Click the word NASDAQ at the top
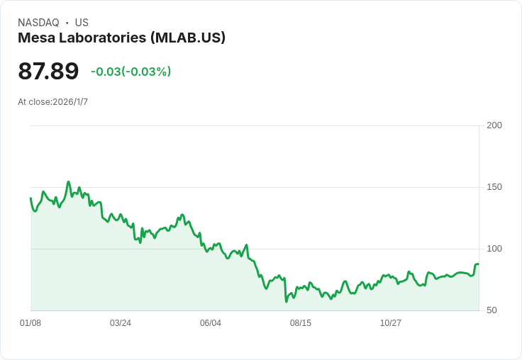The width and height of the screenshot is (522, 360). pyautogui.click(x=38, y=23)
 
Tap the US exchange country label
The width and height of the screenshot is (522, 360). pyautogui.click(x=82, y=23)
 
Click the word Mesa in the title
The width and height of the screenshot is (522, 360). pyautogui.click(x=35, y=38)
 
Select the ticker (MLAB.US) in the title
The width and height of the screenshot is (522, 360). pyautogui.click(x=188, y=38)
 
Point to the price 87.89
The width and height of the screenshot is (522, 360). pyautogui.click(x=48, y=72)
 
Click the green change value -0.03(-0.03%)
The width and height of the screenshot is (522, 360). pyautogui.click(x=130, y=72)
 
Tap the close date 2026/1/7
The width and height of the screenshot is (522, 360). pyautogui.click(x=70, y=102)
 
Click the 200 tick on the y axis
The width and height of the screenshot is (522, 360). pyautogui.click(x=494, y=125)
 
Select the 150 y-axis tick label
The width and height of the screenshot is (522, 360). pyautogui.click(x=494, y=187)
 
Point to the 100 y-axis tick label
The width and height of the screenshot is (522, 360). pyautogui.click(x=494, y=249)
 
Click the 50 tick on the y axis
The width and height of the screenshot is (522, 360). pyautogui.click(x=492, y=310)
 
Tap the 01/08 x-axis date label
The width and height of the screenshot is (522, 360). pyautogui.click(x=30, y=323)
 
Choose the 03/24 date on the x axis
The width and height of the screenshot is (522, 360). pyautogui.click(x=121, y=323)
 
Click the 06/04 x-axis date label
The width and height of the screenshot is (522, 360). pyautogui.click(x=211, y=323)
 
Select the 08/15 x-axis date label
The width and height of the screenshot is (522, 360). pyautogui.click(x=301, y=323)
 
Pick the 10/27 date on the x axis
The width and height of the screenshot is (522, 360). pyautogui.click(x=391, y=323)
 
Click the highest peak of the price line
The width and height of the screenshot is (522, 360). pyautogui.click(x=69, y=182)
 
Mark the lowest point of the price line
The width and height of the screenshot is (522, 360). pyautogui.click(x=287, y=301)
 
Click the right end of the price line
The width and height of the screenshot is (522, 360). pyautogui.click(x=478, y=264)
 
